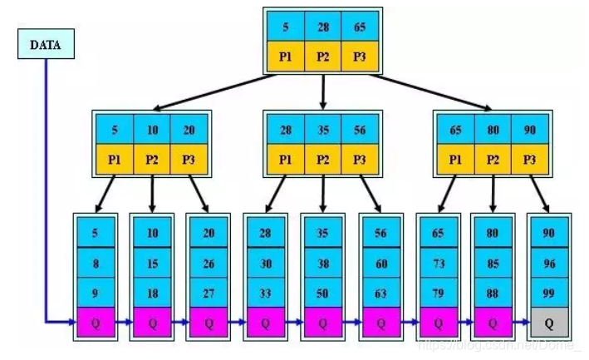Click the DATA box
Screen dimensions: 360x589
[45, 46]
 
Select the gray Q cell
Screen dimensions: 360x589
[548, 321]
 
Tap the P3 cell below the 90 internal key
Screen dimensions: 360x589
[530, 158]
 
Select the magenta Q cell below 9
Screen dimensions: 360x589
[96, 321]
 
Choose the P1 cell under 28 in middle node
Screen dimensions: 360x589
[285, 158]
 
